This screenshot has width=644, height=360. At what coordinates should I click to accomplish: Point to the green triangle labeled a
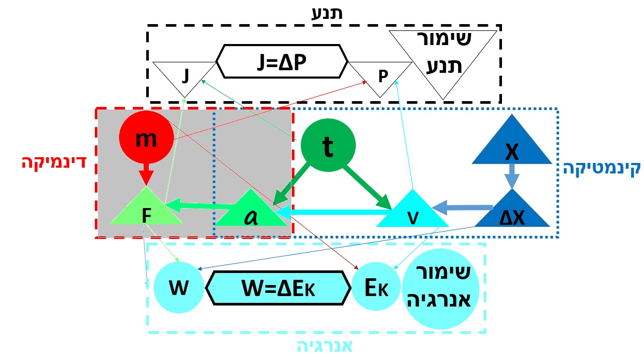(253, 212)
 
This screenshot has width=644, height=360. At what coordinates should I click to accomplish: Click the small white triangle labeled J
(184, 76)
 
